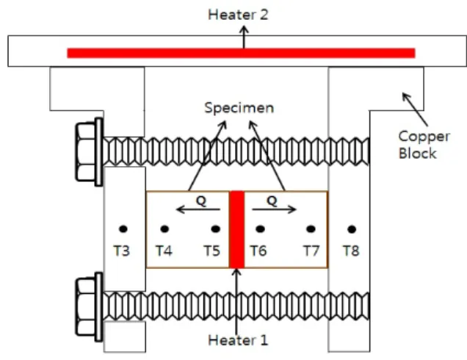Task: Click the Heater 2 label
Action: point(238,15)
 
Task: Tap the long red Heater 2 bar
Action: point(241,53)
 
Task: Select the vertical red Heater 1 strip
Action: point(236,229)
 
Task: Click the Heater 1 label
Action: point(238,340)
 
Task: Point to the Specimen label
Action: point(239,108)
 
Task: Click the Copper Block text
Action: point(424,145)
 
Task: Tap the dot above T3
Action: point(123,229)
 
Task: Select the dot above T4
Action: point(164,229)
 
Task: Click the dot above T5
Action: point(216,229)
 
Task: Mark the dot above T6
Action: point(260,229)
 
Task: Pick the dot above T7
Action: point(311,229)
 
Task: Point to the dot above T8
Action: point(352,229)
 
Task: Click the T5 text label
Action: point(212,251)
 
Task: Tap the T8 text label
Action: point(351,251)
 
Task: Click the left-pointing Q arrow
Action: point(198,209)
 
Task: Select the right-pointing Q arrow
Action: point(275,209)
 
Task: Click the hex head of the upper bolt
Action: point(86,151)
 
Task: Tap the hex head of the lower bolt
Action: point(86,306)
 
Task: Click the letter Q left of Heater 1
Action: point(201,201)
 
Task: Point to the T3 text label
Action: point(122,251)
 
